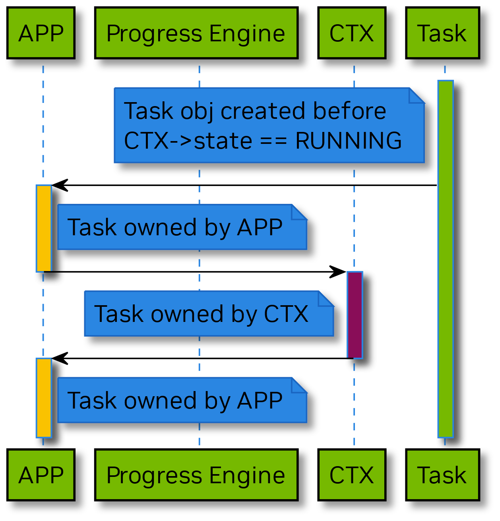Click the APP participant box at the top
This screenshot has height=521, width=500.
coord(41,33)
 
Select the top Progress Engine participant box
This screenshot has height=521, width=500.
coord(196,33)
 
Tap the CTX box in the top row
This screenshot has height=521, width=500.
coord(352,33)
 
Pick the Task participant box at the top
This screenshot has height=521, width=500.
coord(442,33)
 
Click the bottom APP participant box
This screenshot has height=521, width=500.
coord(41,475)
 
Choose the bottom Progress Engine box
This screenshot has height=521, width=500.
coord(196,475)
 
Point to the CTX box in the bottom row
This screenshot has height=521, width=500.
coord(352,475)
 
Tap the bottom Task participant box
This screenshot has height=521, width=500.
coord(442,475)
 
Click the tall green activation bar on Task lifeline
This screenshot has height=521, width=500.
coord(445,258)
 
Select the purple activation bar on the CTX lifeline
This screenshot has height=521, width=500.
coord(355,315)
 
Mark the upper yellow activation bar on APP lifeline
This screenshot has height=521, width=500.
coord(44,228)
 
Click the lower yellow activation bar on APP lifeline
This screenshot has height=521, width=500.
coord(44,397)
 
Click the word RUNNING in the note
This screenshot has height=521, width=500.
coord(349,141)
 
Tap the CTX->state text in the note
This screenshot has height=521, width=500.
coord(188,141)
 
